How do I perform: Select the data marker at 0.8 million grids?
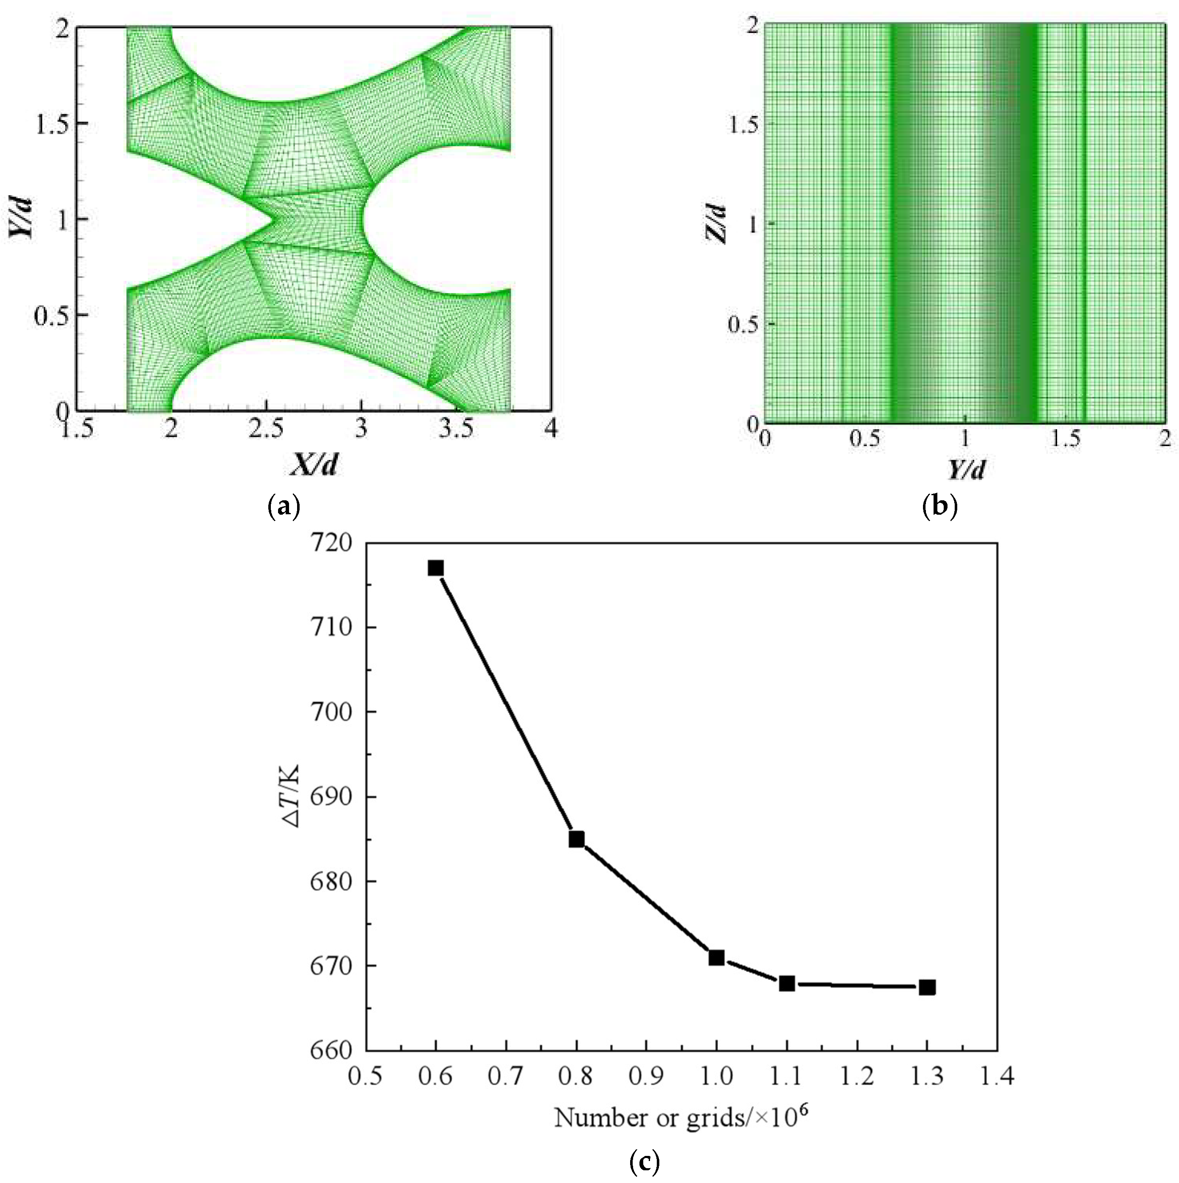[x=576, y=839]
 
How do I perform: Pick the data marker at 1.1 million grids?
[x=787, y=983]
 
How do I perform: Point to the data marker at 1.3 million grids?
[x=927, y=987]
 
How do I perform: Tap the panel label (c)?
[x=645, y=1160]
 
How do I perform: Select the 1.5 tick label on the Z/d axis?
[x=743, y=124]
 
